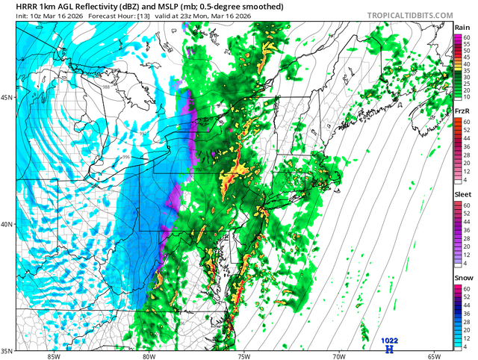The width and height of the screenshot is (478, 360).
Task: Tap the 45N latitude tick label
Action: pyautogui.click(x=7, y=98)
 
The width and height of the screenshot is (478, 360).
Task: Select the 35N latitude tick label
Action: pyautogui.click(x=7, y=350)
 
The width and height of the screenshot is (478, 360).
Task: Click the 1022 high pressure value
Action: pyautogui.click(x=388, y=340)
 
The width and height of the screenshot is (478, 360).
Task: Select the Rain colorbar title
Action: pyautogui.click(x=463, y=27)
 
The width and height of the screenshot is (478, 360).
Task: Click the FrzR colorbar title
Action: pyautogui.click(x=463, y=111)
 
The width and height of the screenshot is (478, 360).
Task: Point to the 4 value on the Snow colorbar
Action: pyautogui.click(x=466, y=347)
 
